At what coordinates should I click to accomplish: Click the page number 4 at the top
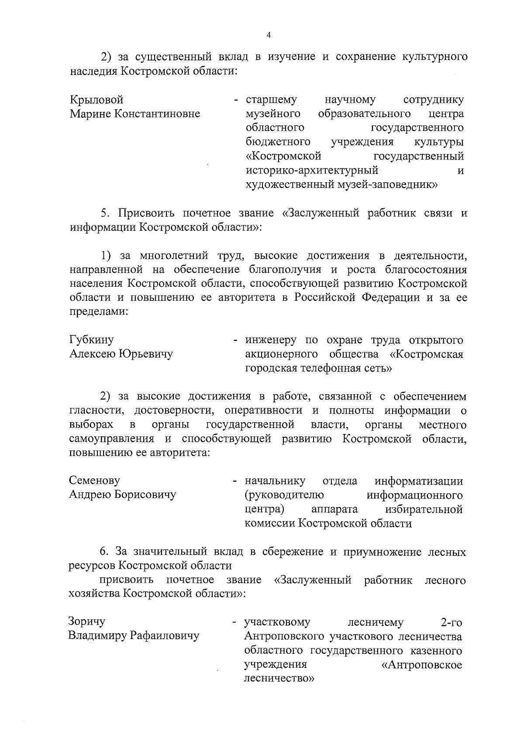pyautogui.click(x=269, y=35)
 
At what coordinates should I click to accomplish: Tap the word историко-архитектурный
pyautogui.click(x=311, y=170)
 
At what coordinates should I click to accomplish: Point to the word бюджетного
pyautogui.click(x=278, y=142)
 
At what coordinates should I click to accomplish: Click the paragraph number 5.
pyautogui.click(x=104, y=213)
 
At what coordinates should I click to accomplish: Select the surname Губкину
pyautogui.click(x=91, y=340)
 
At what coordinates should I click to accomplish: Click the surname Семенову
pyautogui.click(x=94, y=481)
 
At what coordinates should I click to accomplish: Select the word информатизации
pyautogui.click(x=419, y=481)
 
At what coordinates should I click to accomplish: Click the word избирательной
pyautogui.click(x=423, y=509)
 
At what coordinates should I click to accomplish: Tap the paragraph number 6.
pyautogui.click(x=104, y=552)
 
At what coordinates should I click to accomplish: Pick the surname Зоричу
pyautogui.click(x=86, y=622)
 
